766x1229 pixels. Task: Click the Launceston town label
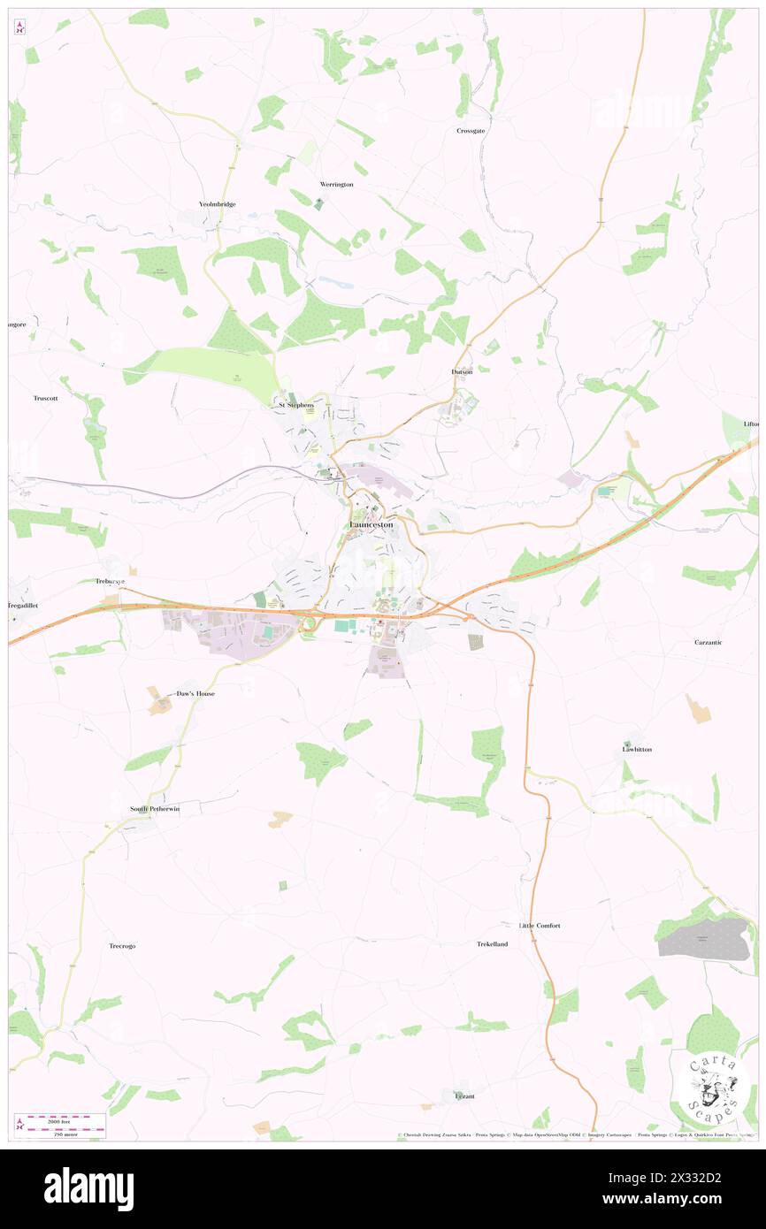click(372, 525)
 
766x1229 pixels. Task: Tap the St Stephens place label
click(296, 404)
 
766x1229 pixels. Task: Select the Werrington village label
click(336, 184)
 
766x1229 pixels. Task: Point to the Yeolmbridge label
click(217, 204)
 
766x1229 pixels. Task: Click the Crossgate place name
click(471, 131)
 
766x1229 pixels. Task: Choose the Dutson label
click(462, 372)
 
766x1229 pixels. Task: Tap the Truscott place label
click(45, 398)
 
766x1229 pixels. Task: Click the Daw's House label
click(195, 694)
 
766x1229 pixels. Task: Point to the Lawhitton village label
click(637, 749)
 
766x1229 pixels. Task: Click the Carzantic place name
click(708, 642)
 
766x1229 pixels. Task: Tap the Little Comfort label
click(540, 925)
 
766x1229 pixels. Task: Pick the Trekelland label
click(493, 944)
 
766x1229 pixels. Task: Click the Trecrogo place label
click(122, 946)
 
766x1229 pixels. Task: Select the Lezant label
click(464, 1096)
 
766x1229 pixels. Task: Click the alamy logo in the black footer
click(88, 1188)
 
